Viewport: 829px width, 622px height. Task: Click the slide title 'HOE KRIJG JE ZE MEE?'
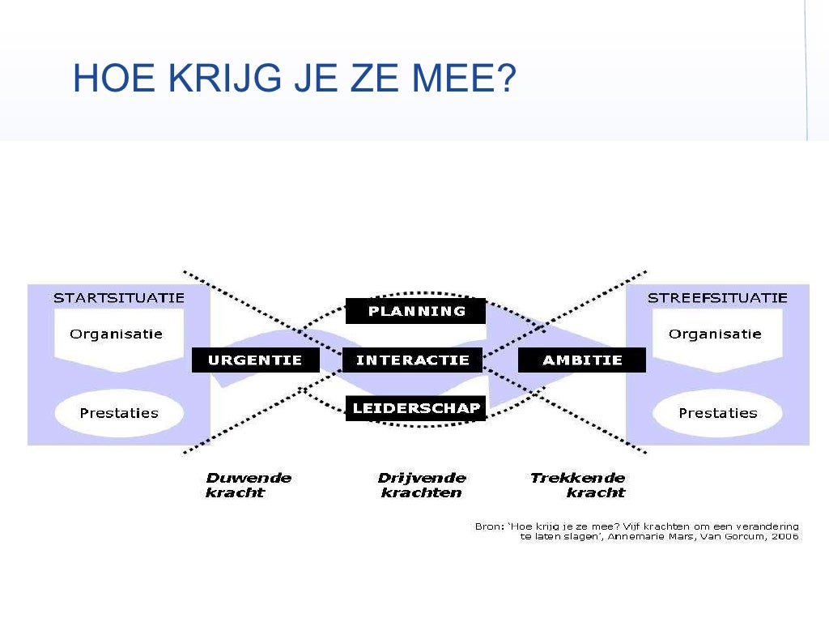click(294, 79)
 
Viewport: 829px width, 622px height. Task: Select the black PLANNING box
click(416, 311)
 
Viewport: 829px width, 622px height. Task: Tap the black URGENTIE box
click(255, 360)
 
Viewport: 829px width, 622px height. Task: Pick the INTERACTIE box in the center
click(412, 360)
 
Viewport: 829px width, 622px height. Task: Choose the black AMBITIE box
click(582, 360)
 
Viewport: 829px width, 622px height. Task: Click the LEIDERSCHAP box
click(416, 409)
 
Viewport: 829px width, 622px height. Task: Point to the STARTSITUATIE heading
click(118, 298)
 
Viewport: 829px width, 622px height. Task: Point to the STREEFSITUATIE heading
click(717, 298)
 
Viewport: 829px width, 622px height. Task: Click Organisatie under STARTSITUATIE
click(116, 334)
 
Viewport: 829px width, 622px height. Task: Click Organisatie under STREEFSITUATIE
click(715, 334)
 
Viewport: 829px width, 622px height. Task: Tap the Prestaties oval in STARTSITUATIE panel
click(118, 413)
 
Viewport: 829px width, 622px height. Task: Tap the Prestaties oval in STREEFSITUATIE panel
click(717, 413)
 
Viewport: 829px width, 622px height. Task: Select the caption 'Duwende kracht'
click(248, 485)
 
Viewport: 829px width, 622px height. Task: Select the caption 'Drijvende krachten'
click(422, 485)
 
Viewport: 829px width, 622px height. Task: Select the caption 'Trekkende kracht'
click(578, 485)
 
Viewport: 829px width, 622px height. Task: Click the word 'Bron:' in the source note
click(488, 526)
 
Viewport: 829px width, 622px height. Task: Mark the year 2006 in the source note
click(784, 536)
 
